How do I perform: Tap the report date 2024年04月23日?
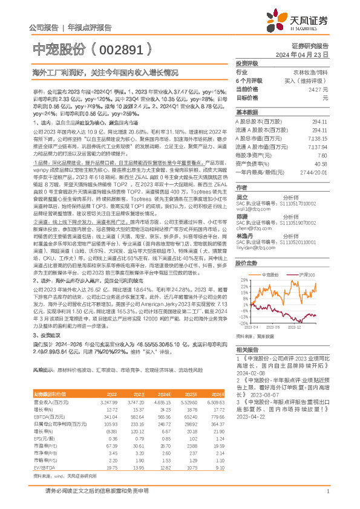tap(308, 54)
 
